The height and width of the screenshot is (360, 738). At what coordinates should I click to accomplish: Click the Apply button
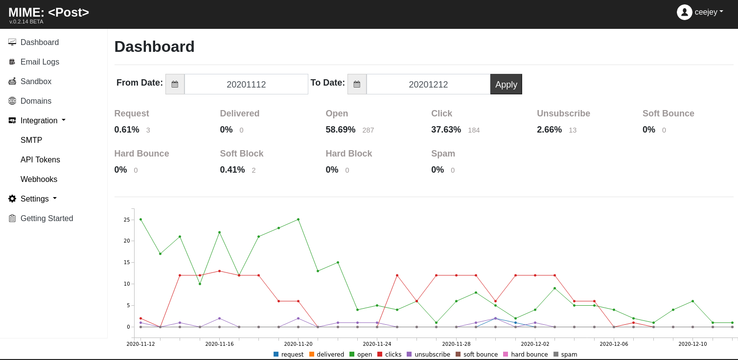tap(506, 84)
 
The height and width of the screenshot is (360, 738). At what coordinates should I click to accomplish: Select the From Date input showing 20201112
tap(246, 84)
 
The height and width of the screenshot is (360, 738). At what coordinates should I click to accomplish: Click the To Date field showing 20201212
tap(428, 84)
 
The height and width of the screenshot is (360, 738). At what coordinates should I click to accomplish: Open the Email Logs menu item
tap(40, 62)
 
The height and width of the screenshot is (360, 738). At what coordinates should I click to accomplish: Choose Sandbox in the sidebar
tap(36, 81)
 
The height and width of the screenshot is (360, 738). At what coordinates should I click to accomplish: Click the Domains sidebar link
tap(36, 101)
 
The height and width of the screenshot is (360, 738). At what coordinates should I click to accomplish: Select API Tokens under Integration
tap(40, 160)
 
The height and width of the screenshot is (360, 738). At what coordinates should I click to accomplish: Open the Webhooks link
tap(39, 179)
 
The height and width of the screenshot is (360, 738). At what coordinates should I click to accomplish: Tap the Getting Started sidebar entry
tap(46, 218)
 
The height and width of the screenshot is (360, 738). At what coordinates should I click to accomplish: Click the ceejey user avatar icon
tap(684, 12)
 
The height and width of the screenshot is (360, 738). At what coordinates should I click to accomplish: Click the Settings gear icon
tap(12, 199)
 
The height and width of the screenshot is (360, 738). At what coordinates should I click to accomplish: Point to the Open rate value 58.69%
tap(340, 130)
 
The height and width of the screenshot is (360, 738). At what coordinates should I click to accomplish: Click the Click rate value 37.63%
tap(446, 130)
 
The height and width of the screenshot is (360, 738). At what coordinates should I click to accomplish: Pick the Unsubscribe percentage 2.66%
tap(549, 130)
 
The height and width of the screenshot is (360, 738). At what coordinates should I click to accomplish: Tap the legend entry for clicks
tap(390, 355)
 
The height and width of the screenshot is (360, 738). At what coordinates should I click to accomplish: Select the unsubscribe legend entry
tap(429, 355)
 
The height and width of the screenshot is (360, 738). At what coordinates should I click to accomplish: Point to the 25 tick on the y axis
tap(127, 220)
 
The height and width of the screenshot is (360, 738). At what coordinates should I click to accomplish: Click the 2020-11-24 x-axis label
tap(377, 344)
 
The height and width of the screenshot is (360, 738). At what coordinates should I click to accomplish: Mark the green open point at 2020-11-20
tap(298, 219)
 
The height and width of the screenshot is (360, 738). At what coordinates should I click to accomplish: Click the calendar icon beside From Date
tap(175, 84)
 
